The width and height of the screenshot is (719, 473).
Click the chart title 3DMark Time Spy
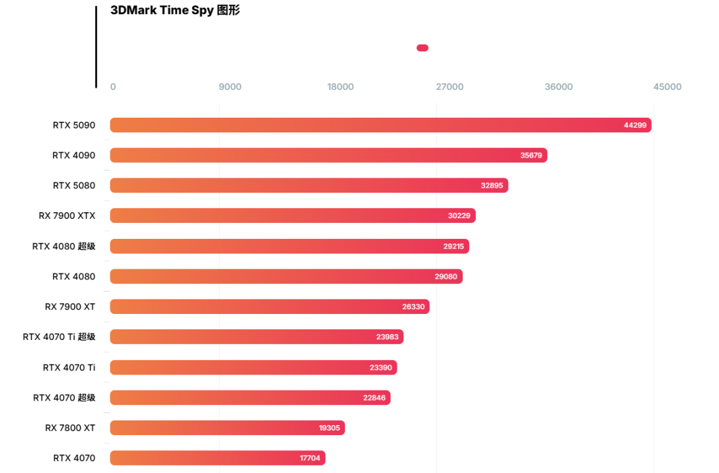pos(175,11)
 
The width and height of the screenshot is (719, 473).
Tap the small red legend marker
pos(422,48)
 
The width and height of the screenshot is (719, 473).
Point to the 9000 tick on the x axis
pos(230,87)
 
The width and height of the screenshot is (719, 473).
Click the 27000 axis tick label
pos(449,87)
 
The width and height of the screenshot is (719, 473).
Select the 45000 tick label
pos(667,87)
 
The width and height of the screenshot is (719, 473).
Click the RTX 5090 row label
pos(74,125)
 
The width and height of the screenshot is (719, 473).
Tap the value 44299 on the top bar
pos(635,125)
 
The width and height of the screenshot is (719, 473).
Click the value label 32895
pos(492,186)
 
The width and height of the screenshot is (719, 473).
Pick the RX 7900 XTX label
pos(67,216)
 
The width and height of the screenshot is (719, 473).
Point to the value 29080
pos(446,276)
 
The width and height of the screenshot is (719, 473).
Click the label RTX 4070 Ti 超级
pos(59,337)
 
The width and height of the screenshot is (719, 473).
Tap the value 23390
pos(381,367)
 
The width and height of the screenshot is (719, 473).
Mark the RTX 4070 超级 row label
pos(64,398)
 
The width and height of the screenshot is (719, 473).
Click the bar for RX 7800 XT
pos(227,428)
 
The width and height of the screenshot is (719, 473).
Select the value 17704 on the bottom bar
pos(310,458)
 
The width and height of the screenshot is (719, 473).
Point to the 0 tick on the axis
pos(113,87)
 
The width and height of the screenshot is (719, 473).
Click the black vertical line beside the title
pos(96,47)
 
